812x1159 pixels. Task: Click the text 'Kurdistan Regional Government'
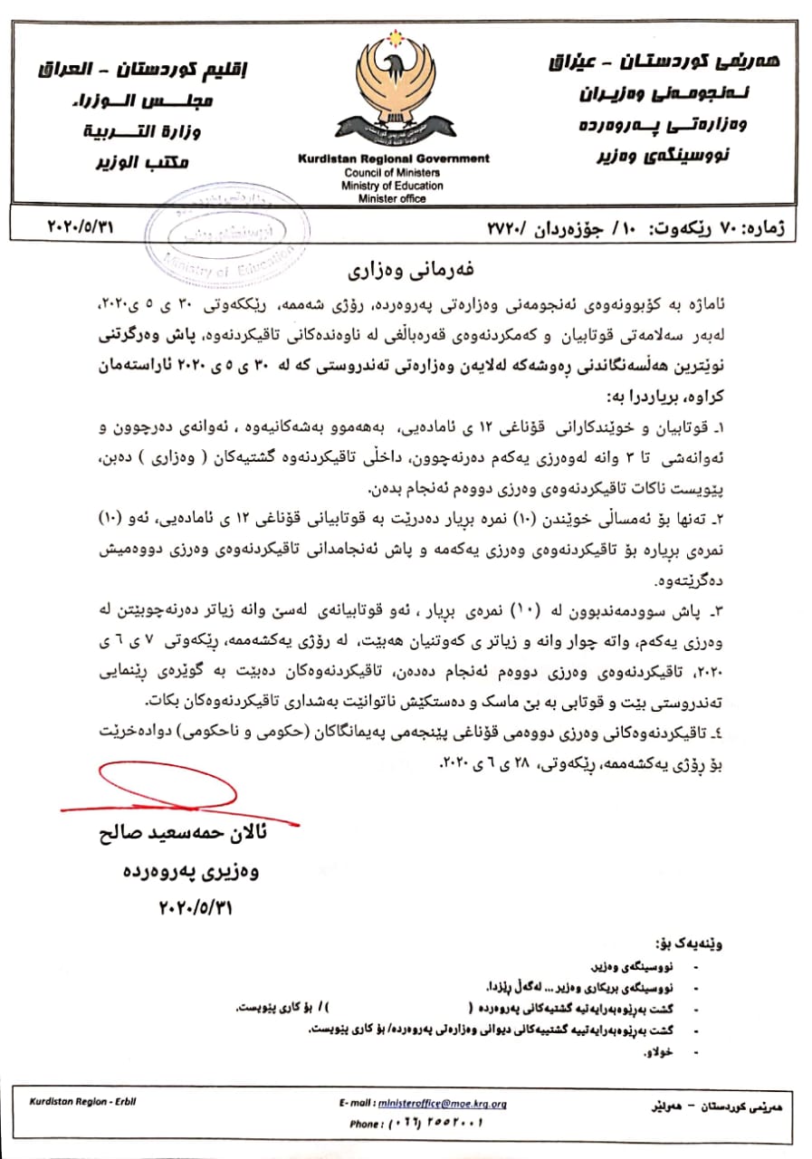click(x=394, y=158)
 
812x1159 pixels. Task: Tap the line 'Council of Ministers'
click(x=393, y=172)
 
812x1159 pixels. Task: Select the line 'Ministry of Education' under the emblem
click(x=393, y=186)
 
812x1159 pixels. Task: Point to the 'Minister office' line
click(x=393, y=198)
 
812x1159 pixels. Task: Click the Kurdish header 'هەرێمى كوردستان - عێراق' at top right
click(x=648, y=63)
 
